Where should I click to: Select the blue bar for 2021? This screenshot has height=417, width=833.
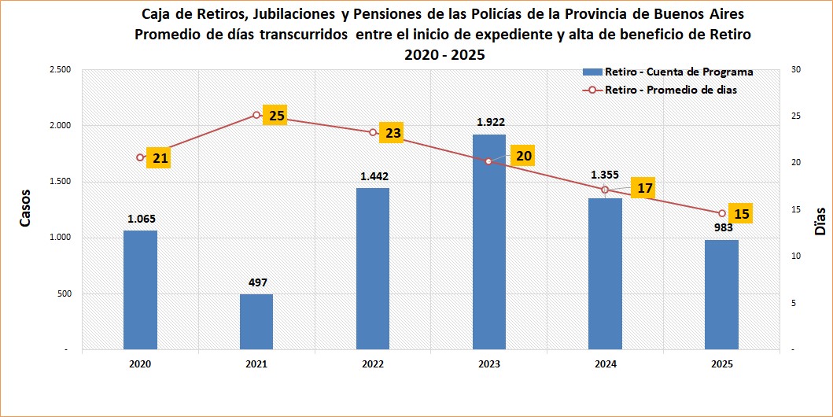click(256, 322)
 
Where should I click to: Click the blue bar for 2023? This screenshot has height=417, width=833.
click(488, 242)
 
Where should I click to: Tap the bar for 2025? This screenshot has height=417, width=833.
click(721, 295)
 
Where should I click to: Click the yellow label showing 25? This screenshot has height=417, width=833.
click(277, 116)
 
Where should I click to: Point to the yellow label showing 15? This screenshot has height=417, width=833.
click(741, 213)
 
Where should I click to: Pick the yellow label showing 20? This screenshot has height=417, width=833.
click(524, 156)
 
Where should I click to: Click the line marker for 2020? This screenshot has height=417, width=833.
click(140, 157)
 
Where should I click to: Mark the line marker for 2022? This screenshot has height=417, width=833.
click(373, 132)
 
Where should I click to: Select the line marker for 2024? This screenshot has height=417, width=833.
click(605, 190)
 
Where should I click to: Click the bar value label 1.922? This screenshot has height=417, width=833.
click(491, 122)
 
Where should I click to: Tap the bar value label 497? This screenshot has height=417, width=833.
click(258, 282)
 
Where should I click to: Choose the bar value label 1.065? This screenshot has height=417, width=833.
click(142, 218)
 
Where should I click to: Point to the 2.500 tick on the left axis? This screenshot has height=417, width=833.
click(61, 70)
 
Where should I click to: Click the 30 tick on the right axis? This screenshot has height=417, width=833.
click(796, 70)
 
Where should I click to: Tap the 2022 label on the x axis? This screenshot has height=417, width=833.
click(373, 364)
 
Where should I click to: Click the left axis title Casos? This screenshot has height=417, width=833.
click(25, 208)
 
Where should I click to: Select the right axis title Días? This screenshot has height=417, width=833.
click(820, 223)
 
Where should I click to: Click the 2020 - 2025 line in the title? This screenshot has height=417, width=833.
click(445, 55)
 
